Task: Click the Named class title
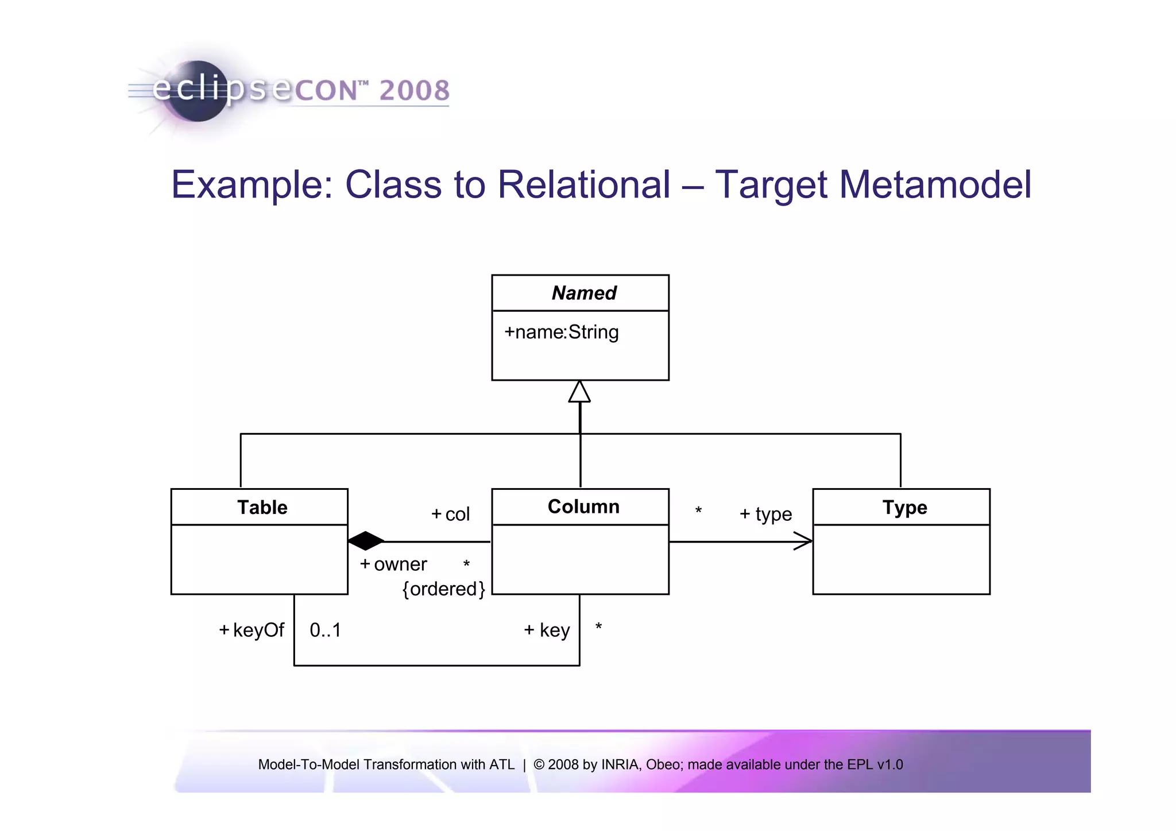(583, 293)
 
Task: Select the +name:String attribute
(561, 332)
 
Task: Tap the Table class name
(262, 507)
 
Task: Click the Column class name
(583, 507)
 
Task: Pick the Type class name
(904, 507)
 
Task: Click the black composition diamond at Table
(366, 541)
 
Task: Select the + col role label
(451, 514)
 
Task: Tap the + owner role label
(393, 565)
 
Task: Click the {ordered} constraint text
(443, 589)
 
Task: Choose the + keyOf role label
(252, 630)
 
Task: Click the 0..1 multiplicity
(325, 630)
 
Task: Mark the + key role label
(547, 630)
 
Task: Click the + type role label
(765, 514)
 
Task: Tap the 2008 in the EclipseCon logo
(414, 91)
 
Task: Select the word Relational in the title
(583, 185)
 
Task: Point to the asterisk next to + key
(598, 627)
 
